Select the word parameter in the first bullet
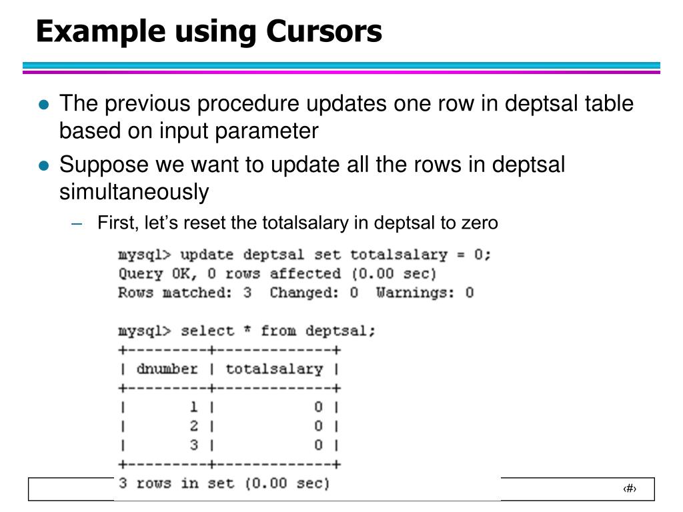266,131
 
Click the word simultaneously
134,192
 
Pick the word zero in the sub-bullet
480,222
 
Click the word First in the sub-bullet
115,222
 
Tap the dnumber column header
167,369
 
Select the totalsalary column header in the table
274,369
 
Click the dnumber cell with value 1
194,407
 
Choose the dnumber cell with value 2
194,426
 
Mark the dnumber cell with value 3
194,445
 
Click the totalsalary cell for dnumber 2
319,426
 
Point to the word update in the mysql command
207,255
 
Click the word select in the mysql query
207,331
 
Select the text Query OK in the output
147,274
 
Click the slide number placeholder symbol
630,489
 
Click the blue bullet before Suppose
44,165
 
